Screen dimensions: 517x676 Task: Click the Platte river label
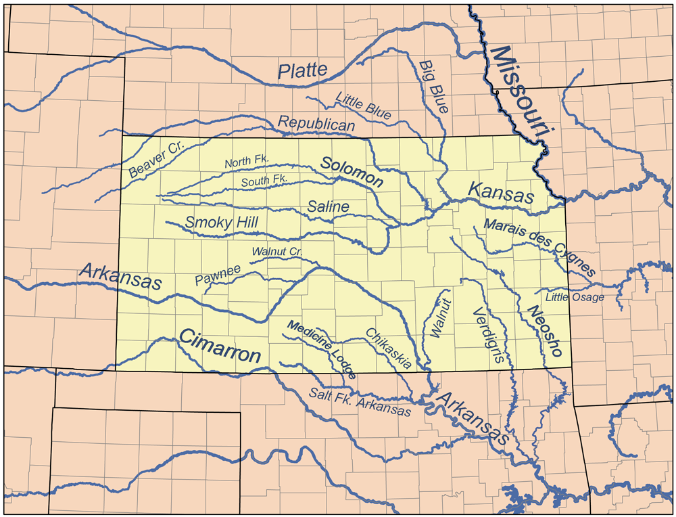click(x=303, y=70)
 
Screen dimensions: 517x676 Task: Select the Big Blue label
click(x=434, y=86)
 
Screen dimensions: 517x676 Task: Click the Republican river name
click(x=316, y=124)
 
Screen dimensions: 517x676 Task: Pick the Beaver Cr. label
click(x=152, y=160)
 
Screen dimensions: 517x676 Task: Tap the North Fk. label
click(x=247, y=160)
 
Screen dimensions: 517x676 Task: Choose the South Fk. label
click(x=264, y=180)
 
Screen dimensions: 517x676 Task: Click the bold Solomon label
click(x=352, y=172)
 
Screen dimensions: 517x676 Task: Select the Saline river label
click(x=329, y=206)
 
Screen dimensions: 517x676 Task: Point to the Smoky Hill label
click(x=222, y=222)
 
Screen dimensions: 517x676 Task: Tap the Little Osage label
click(x=575, y=296)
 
